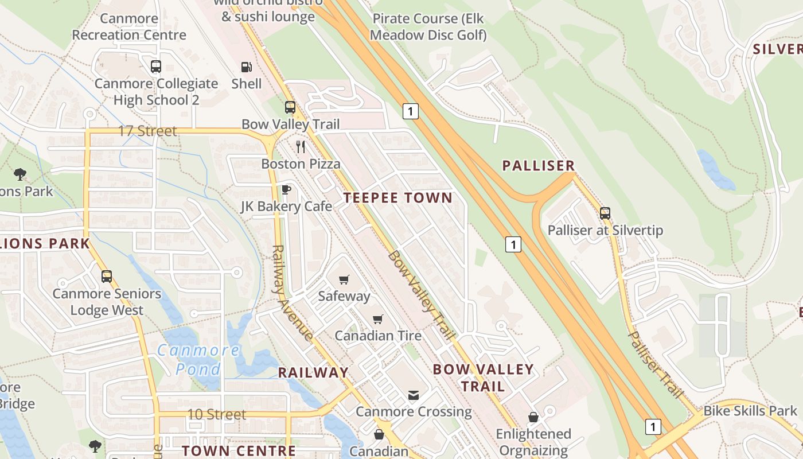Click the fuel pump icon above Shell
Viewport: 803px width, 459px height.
click(x=246, y=67)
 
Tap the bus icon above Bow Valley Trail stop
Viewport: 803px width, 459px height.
click(x=290, y=107)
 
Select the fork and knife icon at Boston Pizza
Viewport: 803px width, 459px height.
click(x=301, y=147)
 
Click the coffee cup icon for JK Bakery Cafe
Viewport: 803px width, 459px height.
click(x=286, y=189)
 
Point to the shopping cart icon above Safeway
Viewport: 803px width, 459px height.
click(x=344, y=279)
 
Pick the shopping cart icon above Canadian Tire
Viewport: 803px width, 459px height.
click(x=377, y=319)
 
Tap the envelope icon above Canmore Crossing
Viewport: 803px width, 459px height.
click(x=413, y=395)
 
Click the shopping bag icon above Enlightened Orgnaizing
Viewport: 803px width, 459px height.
click(x=533, y=417)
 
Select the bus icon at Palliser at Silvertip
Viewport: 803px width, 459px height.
click(x=605, y=213)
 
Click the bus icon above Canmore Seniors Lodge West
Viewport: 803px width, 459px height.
click(x=107, y=277)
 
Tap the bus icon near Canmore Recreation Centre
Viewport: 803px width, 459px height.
click(x=156, y=67)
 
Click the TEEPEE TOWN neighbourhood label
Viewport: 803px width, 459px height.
click(x=398, y=198)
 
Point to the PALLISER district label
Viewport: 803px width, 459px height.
click(x=538, y=166)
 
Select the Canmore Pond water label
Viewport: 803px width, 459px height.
click(x=198, y=360)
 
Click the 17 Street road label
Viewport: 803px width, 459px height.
click(x=147, y=131)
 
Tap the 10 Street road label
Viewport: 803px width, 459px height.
click(x=216, y=414)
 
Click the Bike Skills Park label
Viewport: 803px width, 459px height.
click(x=750, y=411)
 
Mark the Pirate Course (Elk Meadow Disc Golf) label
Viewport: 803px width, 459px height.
click(x=428, y=27)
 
